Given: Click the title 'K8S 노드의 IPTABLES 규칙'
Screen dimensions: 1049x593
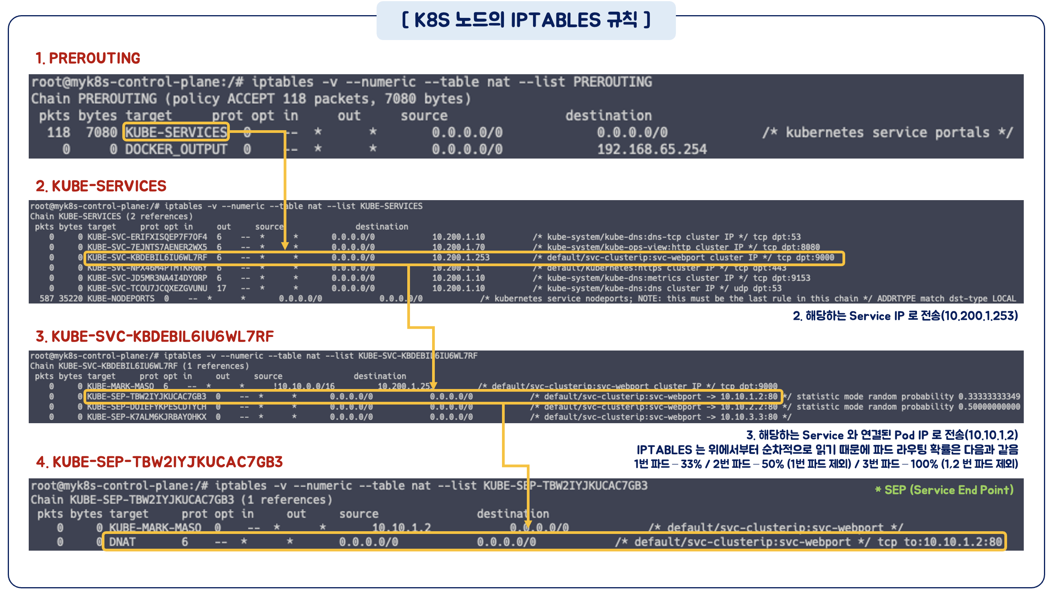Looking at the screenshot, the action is pos(526,20).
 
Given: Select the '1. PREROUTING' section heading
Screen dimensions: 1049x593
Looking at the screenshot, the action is pos(88,58).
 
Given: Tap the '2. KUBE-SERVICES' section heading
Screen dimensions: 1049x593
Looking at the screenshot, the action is pos(101,186).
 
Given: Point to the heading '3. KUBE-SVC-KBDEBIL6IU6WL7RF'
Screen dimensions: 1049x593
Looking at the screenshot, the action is pos(155,337).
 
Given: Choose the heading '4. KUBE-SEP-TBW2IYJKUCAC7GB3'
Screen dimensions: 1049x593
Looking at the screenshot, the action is pos(159,462).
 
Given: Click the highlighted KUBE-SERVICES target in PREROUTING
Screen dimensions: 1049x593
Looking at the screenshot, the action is pos(176,133).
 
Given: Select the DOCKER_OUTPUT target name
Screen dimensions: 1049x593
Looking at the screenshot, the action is pos(176,150).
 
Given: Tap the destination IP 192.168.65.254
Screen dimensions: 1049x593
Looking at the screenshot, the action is pos(651,150).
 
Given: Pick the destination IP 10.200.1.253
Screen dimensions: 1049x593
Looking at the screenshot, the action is pos(460,258).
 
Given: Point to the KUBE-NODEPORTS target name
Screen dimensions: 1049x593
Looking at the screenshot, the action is pos(121,299).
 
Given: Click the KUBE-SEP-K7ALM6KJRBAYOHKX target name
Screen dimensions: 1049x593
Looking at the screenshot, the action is pos(147,417).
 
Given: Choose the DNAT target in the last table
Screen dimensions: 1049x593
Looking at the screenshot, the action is pos(122,542).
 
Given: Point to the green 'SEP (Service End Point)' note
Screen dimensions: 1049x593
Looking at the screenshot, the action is pos(948,490).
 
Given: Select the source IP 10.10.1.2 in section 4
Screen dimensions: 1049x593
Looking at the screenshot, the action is pos(401,528).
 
